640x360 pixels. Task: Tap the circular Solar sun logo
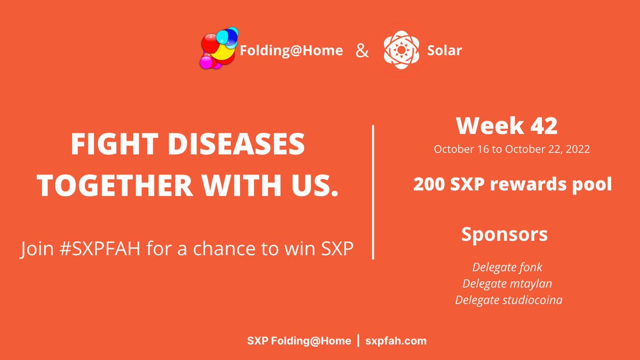tap(400, 50)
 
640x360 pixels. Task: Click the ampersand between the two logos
tap(362, 51)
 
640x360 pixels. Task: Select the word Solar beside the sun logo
tap(444, 51)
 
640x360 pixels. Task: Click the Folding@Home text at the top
tap(291, 51)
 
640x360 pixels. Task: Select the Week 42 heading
tap(507, 125)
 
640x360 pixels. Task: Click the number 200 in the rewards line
tap(430, 185)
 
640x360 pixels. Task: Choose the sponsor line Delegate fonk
tap(507, 267)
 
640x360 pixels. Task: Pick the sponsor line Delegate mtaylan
tap(507, 283)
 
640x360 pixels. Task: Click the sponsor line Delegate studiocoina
tap(508, 300)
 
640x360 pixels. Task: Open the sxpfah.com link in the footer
tap(396, 341)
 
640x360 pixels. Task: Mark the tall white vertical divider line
tap(372, 192)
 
